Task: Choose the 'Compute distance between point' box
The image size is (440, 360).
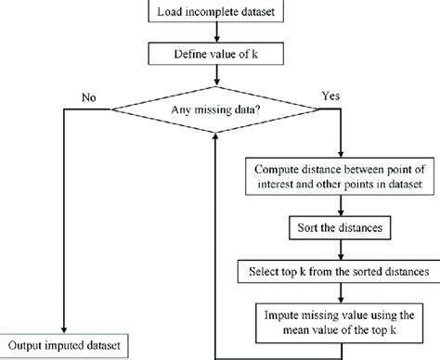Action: pos(340,177)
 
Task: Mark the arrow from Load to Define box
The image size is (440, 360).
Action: pos(216,33)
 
